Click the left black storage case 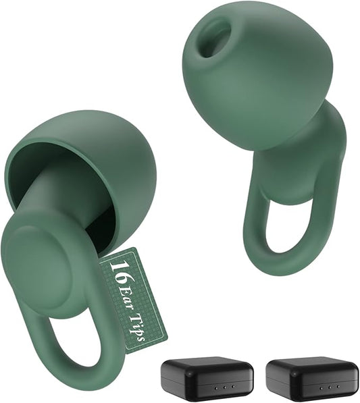point(207,379)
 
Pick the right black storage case point(311,379)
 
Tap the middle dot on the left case point(224,387)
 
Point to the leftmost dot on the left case point(215,387)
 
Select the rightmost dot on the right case point(337,387)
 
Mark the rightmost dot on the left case point(233,387)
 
